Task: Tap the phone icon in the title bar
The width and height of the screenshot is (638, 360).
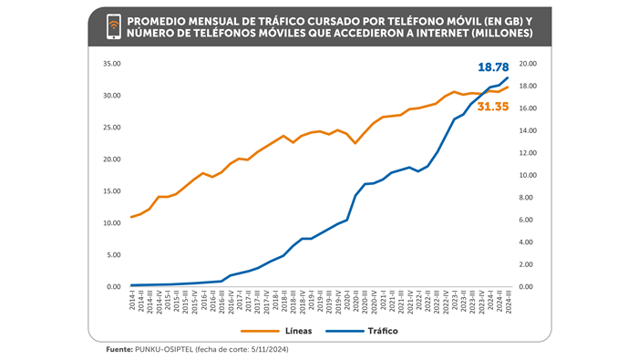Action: click(x=114, y=28)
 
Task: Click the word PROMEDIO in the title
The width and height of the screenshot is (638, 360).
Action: click(x=162, y=21)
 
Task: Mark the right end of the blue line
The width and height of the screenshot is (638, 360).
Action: click(x=508, y=77)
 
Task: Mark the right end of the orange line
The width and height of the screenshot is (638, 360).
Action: click(x=508, y=87)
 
